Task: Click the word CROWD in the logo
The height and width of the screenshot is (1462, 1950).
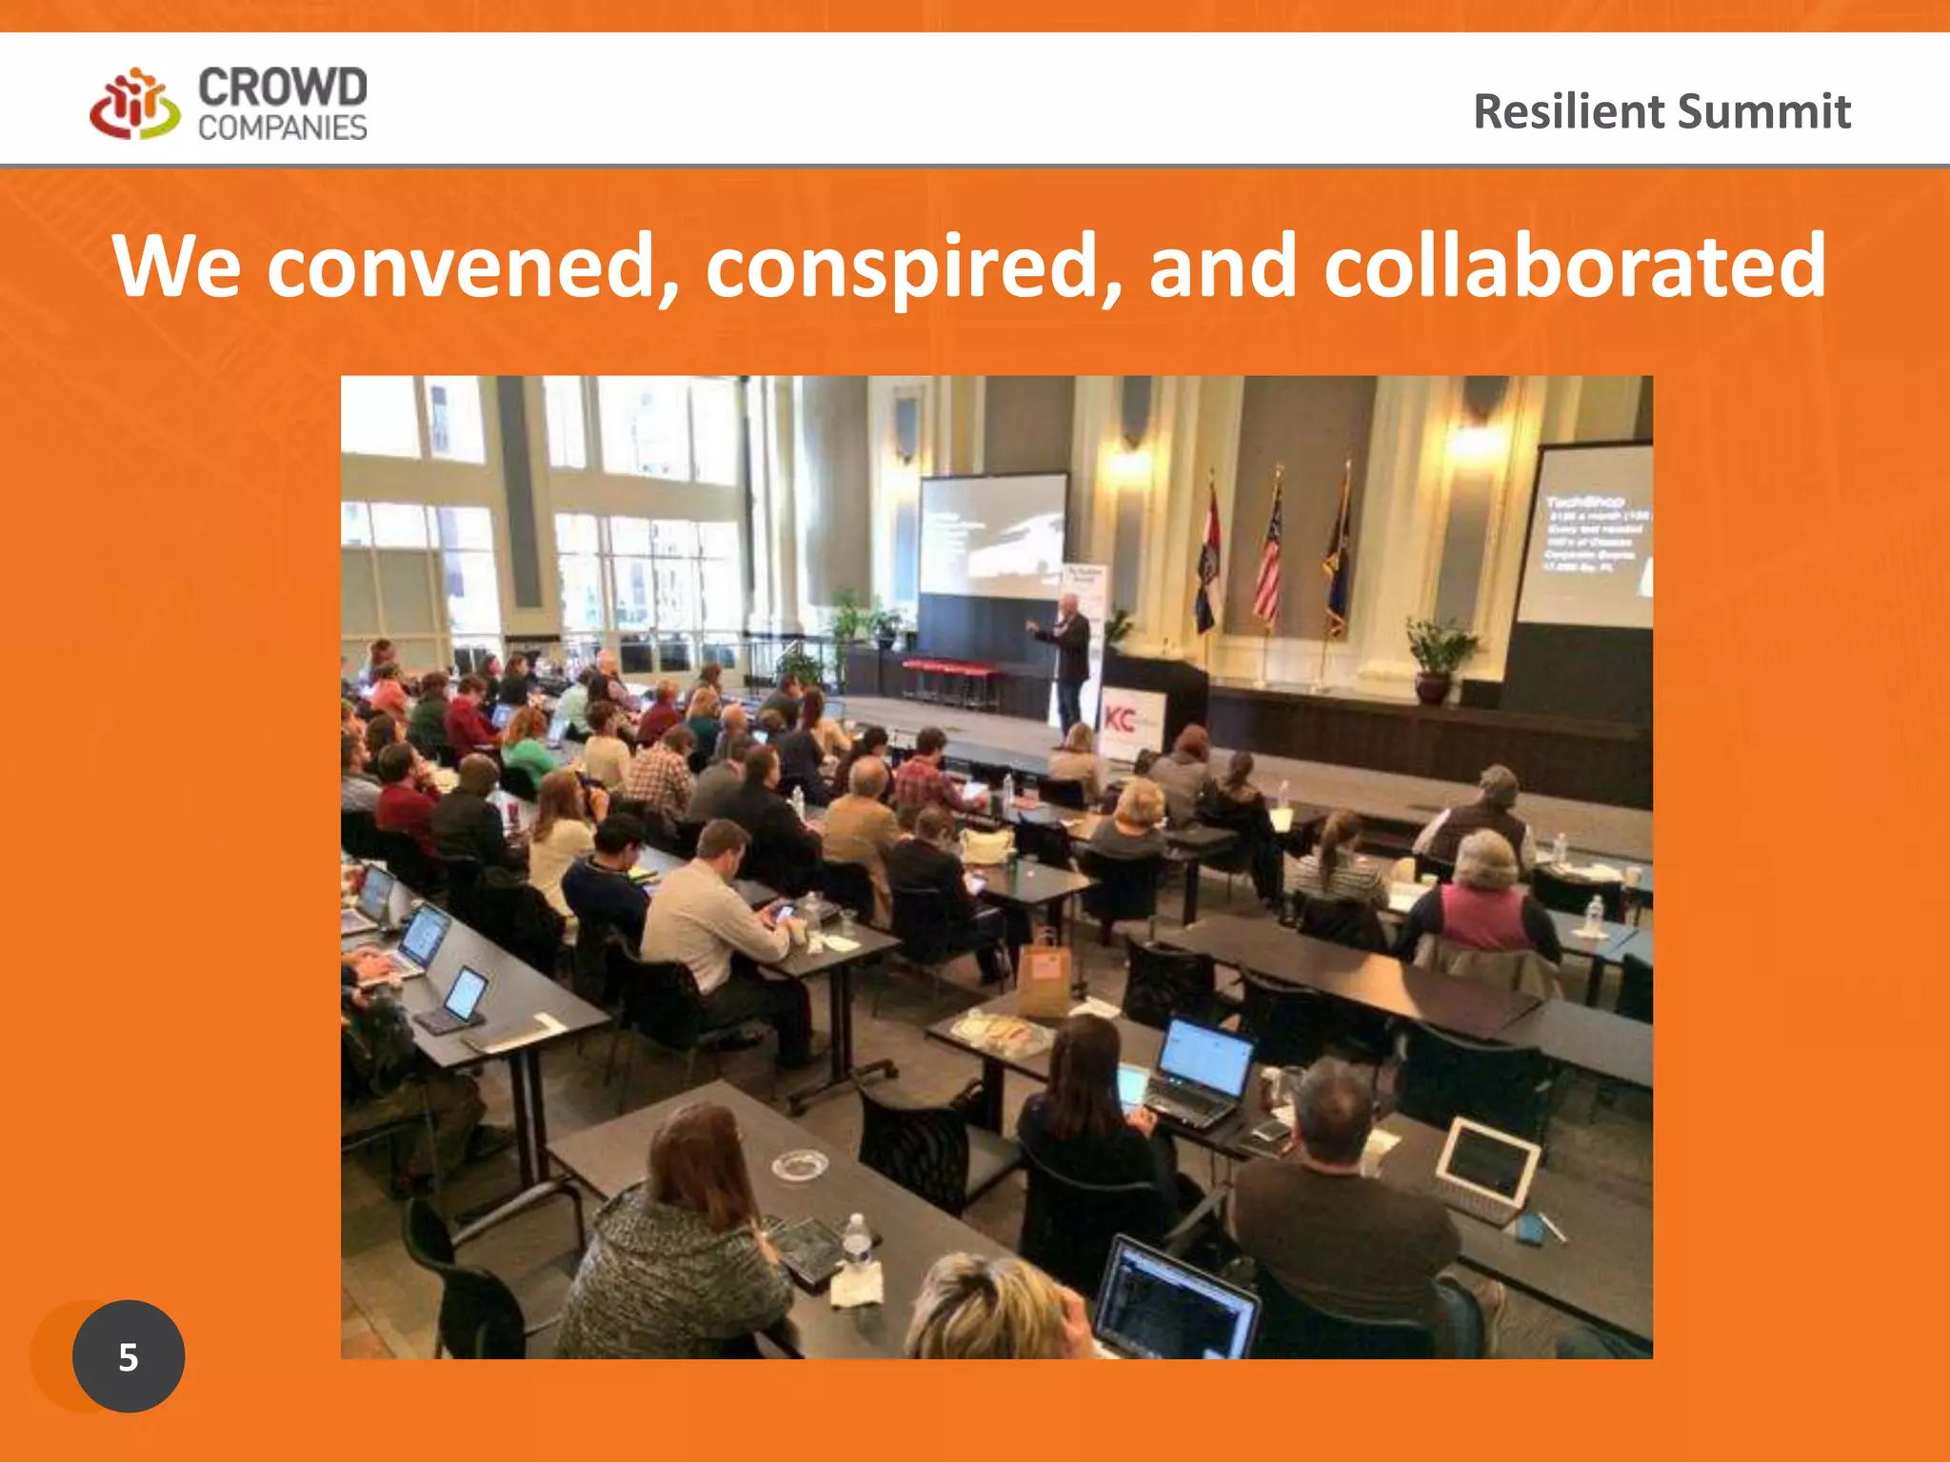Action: [282, 89]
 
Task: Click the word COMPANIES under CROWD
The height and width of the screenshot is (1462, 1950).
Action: [282, 128]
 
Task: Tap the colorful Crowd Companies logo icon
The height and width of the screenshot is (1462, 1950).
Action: [134, 105]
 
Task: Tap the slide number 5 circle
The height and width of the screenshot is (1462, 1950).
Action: [129, 1355]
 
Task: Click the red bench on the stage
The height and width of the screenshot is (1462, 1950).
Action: [947, 672]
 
